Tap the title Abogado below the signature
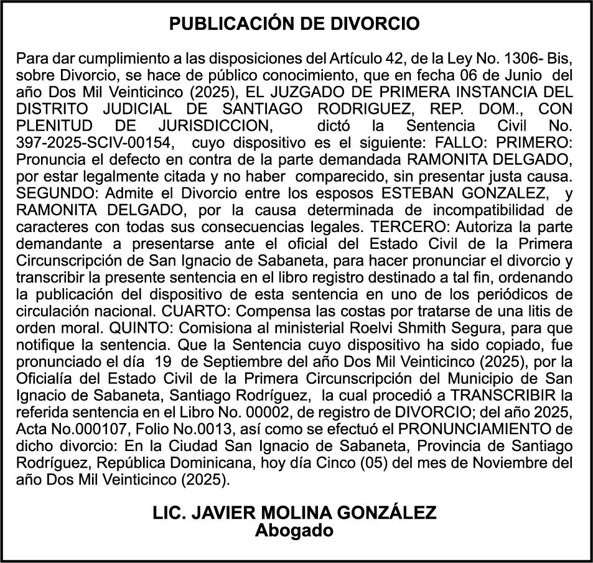(x=294, y=531)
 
